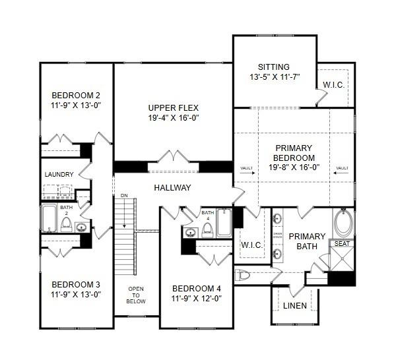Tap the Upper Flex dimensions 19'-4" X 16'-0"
[x=174, y=118]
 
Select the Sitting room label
[x=273, y=67]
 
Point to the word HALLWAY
[x=172, y=188]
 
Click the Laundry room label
[x=59, y=175]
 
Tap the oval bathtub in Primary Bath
[x=343, y=222]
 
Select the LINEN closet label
[x=294, y=306]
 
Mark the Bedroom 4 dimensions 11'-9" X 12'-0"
[x=196, y=298]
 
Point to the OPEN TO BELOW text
[x=137, y=295]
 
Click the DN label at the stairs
[x=123, y=196]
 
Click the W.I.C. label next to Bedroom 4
[x=251, y=245]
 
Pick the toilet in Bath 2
[x=66, y=224]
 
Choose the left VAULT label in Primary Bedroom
[x=247, y=168]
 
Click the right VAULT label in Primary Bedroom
[x=342, y=168]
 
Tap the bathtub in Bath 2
[x=49, y=218]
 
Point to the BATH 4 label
[x=208, y=216]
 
